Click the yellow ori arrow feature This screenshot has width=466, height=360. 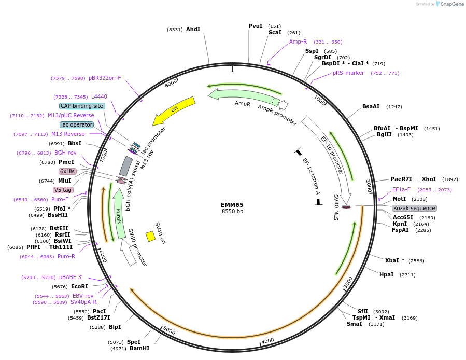173,110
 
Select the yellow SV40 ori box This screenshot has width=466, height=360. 150,237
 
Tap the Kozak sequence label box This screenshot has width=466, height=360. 414,208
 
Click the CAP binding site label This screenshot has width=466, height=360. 82,106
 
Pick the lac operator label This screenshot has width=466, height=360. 77,124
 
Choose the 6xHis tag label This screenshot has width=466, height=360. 67,171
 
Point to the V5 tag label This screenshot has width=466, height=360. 63,190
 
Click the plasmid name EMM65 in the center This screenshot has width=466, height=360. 232,205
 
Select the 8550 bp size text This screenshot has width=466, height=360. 232,212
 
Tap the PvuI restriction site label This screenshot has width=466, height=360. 256,26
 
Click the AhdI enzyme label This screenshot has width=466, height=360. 193,29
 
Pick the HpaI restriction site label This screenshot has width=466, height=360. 386,274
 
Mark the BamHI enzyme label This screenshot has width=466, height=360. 139,348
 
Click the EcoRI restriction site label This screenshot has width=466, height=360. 79,286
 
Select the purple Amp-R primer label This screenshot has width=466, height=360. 298,41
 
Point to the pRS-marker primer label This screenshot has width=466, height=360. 348,73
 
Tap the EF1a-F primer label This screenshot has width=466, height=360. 401,189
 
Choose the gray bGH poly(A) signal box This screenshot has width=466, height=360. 126,166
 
